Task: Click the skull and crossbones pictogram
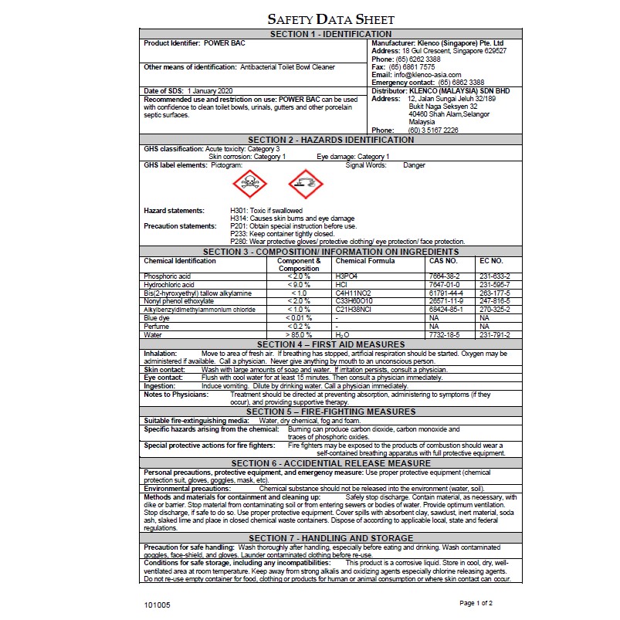[x=249, y=185]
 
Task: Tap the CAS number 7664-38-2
[x=444, y=276]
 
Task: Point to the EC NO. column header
[x=491, y=261]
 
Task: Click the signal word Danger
[x=414, y=165]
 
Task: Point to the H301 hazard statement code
[x=239, y=210]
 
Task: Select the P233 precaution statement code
[x=239, y=233]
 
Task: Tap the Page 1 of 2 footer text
[x=476, y=602]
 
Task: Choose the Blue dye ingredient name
[x=157, y=317]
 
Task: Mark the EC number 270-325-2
[x=495, y=309]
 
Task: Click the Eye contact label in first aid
[x=164, y=378]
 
